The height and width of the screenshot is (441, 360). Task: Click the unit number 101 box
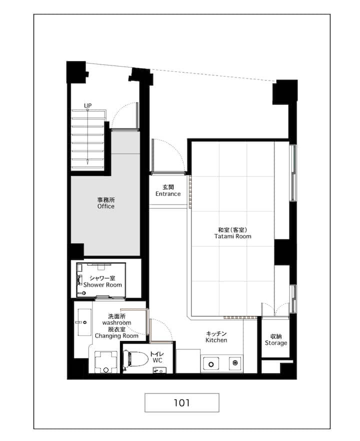click(181, 402)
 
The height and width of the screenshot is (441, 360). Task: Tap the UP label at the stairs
click(88, 105)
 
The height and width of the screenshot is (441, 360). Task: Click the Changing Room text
click(116, 336)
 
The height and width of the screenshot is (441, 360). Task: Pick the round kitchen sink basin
click(211, 364)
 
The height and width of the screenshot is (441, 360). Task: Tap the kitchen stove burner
click(235, 363)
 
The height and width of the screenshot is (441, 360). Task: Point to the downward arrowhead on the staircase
click(87, 161)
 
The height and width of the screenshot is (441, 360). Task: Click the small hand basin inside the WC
click(159, 370)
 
